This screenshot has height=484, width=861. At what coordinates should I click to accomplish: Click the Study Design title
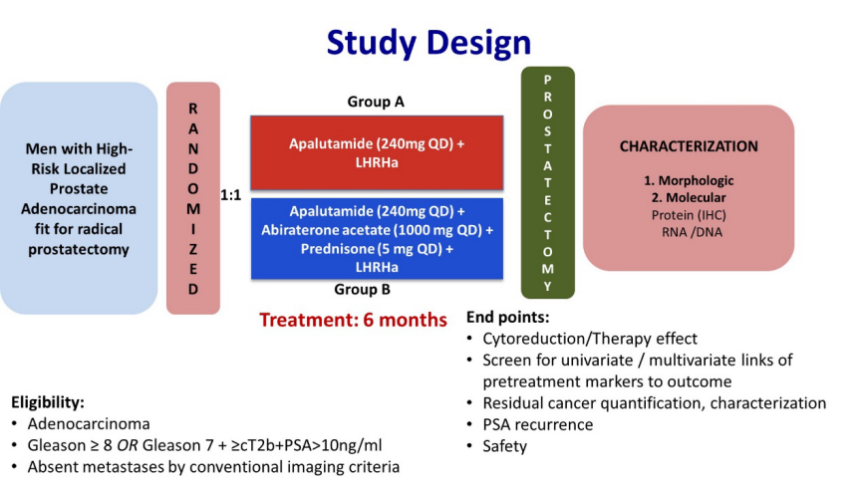[x=429, y=42]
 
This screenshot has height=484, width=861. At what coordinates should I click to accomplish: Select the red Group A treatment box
[x=377, y=152]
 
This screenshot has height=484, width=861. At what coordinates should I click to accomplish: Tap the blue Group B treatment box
[x=377, y=238]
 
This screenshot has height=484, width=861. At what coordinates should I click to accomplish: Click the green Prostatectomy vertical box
[x=547, y=182]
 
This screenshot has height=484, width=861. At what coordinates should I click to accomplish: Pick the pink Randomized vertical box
[x=192, y=198]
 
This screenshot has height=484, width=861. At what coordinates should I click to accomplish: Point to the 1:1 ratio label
[x=231, y=195]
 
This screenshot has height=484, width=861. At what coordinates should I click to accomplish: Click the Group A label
[x=376, y=102]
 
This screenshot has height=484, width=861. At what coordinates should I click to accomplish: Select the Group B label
[x=376, y=291]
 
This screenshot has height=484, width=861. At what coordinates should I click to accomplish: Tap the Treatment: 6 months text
[x=354, y=320]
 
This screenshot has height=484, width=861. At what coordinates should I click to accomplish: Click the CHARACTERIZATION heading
[x=689, y=146]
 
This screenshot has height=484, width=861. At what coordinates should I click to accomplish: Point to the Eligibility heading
[x=48, y=403]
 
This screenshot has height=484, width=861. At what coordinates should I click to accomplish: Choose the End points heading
[x=507, y=318]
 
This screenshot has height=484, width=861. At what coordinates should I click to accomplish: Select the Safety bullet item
[x=504, y=446]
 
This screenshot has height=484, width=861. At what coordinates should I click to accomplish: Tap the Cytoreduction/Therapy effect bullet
[x=590, y=339]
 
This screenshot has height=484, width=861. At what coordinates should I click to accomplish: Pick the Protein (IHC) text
[x=689, y=215]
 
